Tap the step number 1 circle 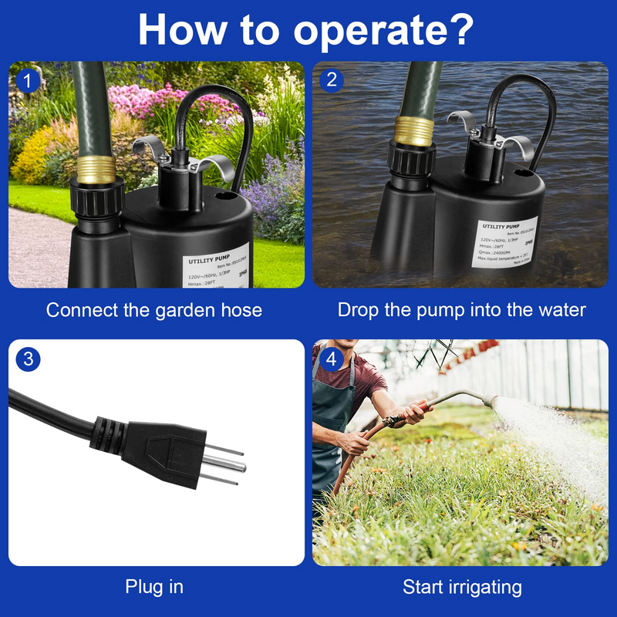click(28, 80)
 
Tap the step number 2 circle click(332, 80)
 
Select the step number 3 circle click(28, 358)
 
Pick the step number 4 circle click(332, 359)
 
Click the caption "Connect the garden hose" click(154, 310)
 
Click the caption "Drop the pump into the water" click(461, 310)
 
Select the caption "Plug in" click(154, 586)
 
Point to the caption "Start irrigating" click(461, 587)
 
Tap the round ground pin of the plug click(228, 464)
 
